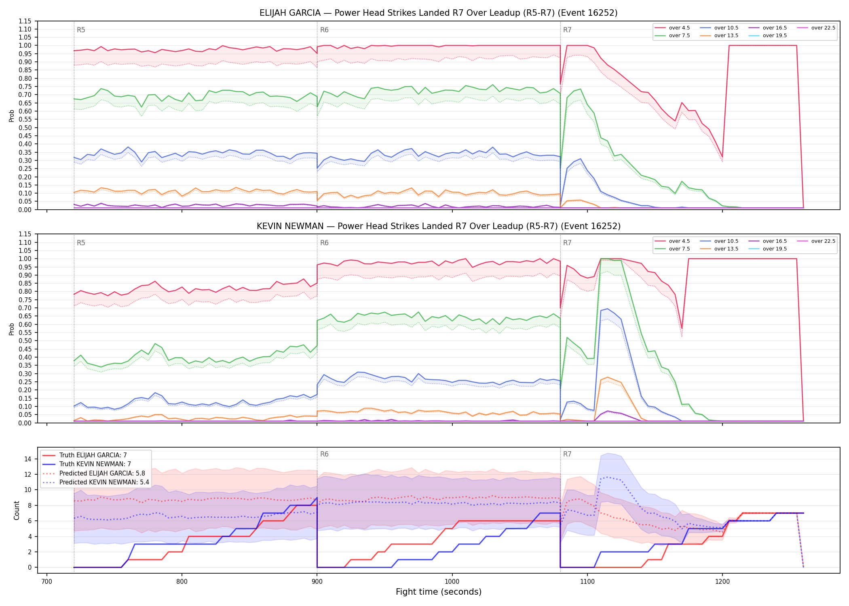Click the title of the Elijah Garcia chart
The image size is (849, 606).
(439, 13)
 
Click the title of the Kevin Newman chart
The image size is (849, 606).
(439, 226)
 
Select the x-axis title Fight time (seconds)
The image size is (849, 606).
(439, 592)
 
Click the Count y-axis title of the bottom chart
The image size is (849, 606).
(17, 510)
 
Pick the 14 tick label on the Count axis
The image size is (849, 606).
(27, 459)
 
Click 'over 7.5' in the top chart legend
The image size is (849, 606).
(679, 36)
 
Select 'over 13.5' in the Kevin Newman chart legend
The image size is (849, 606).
(726, 249)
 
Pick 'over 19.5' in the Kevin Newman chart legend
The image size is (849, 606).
(775, 249)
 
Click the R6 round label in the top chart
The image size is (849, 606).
(324, 30)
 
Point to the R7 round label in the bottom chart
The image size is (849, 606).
(567, 454)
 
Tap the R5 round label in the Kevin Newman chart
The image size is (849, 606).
(81, 243)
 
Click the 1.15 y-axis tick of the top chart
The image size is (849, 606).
(25, 21)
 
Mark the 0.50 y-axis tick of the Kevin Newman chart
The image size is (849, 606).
(25, 341)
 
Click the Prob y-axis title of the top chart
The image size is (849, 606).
(12, 116)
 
